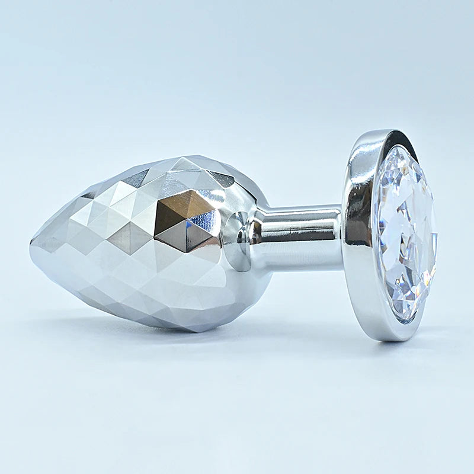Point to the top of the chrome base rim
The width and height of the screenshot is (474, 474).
(379, 134)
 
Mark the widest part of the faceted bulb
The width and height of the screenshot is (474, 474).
(196, 243)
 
